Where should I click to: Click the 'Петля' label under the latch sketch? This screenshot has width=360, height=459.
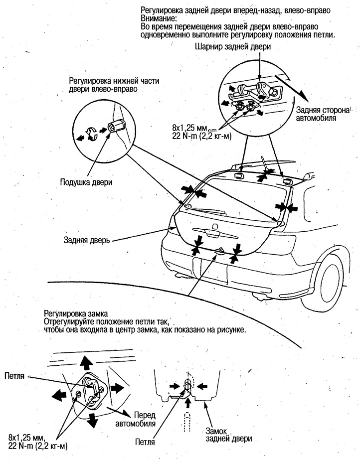[145, 441]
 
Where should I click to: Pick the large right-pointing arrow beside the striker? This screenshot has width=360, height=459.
[117, 387]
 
